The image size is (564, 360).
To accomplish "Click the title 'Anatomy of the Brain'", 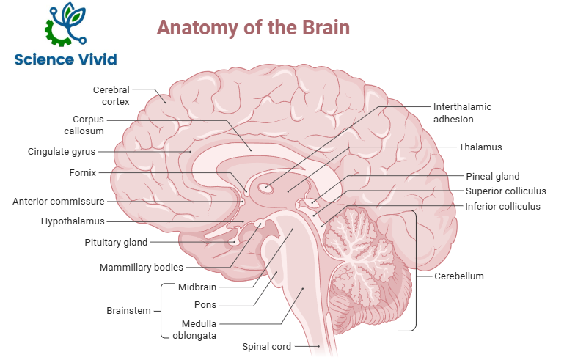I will click(x=253, y=28).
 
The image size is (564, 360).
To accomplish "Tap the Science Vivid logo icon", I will click(x=65, y=26).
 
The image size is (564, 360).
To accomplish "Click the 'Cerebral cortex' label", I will click(x=111, y=95).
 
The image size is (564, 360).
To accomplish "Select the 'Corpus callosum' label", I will click(x=88, y=125).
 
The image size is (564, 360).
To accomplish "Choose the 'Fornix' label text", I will click(x=83, y=173).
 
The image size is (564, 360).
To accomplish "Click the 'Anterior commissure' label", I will click(x=59, y=201).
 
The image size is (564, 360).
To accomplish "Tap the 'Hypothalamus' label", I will click(x=73, y=221).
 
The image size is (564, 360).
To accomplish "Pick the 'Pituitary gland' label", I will click(x=116, y=242).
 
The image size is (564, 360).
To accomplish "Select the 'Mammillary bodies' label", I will click(x=142, y=268).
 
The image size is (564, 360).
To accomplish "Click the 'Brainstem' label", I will click(x=129, y=310).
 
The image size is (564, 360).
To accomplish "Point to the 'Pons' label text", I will click(x=205, y=304).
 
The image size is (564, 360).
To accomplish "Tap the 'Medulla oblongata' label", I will click(x=194, y=329).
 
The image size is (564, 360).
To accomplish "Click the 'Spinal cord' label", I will click(x=267, y=346).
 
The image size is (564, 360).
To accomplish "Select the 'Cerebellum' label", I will click(x=459, y=276).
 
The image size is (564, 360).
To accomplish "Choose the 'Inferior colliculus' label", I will click(x=503, y=206).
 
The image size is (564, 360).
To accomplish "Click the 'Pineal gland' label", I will click(x=493, y=176).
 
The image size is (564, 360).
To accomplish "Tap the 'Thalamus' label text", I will click(x=480, y=147).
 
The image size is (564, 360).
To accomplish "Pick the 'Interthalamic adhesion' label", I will click(x=463, y=112).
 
